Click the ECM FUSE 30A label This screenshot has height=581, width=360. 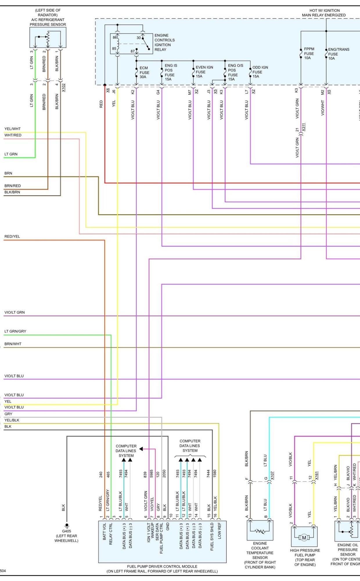[144, 72]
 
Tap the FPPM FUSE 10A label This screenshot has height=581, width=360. [309, 53]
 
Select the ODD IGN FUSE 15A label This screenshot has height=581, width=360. [260, 72]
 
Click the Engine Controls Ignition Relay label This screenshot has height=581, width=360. [164, 42]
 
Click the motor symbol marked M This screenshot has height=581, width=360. [304, 538]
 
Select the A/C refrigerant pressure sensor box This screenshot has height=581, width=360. [48, 37]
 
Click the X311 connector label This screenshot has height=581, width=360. [304, 127]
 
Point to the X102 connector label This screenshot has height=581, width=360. [64, 87]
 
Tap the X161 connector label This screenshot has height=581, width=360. [317, 475]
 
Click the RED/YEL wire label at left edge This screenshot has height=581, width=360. [12, 236]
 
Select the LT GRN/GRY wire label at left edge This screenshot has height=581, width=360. [15, 331]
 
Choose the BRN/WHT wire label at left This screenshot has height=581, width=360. [13, 344]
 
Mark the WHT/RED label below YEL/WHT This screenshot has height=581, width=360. [13, 135]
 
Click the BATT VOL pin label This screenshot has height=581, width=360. [105, 532]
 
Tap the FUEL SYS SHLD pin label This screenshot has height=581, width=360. [212, 537]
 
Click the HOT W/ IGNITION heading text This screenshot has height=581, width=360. [324, 10]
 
